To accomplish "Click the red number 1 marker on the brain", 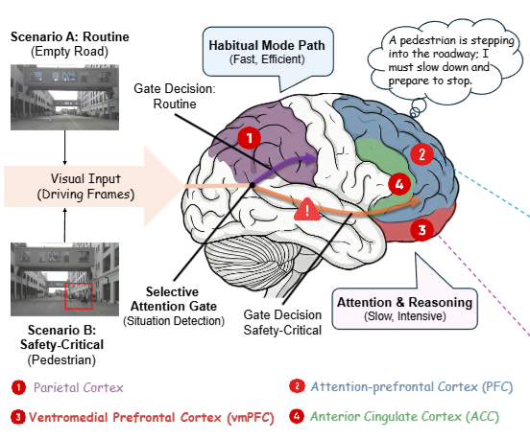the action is click(249, 138).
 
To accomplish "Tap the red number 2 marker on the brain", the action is click(422, 154).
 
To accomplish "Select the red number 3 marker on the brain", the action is click(422, 230).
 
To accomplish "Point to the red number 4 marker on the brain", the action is click(399, 184).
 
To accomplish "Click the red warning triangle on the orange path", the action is click(307, 210).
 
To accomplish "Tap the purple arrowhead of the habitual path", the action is click(311, 158).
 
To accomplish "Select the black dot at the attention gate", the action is click(252, 185).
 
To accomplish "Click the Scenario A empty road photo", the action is click(64, 97).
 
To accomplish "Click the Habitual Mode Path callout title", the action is click(267, 45).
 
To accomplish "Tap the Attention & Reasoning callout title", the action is click(404, 302).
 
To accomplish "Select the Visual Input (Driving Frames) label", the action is click(85, 186).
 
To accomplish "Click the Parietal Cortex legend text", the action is click(79, 387).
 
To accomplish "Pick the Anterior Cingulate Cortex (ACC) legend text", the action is click(404, 417).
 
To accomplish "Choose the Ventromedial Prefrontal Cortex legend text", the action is click(152, 417).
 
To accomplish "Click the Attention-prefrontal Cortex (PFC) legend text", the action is click(412, 386).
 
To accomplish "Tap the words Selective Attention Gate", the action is click(174, 299).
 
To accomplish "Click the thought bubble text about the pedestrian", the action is click(451, 60).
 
